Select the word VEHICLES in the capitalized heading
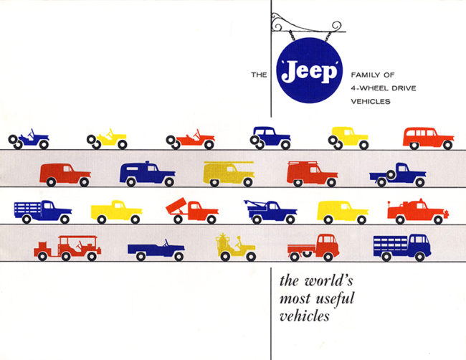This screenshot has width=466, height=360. coord(372,101)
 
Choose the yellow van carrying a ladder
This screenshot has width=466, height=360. coord(228,173)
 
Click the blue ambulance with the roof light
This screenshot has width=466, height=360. coord(147,174)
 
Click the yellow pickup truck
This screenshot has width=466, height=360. coord(116,211)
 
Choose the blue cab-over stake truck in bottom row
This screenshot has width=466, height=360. coord(401,246)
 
